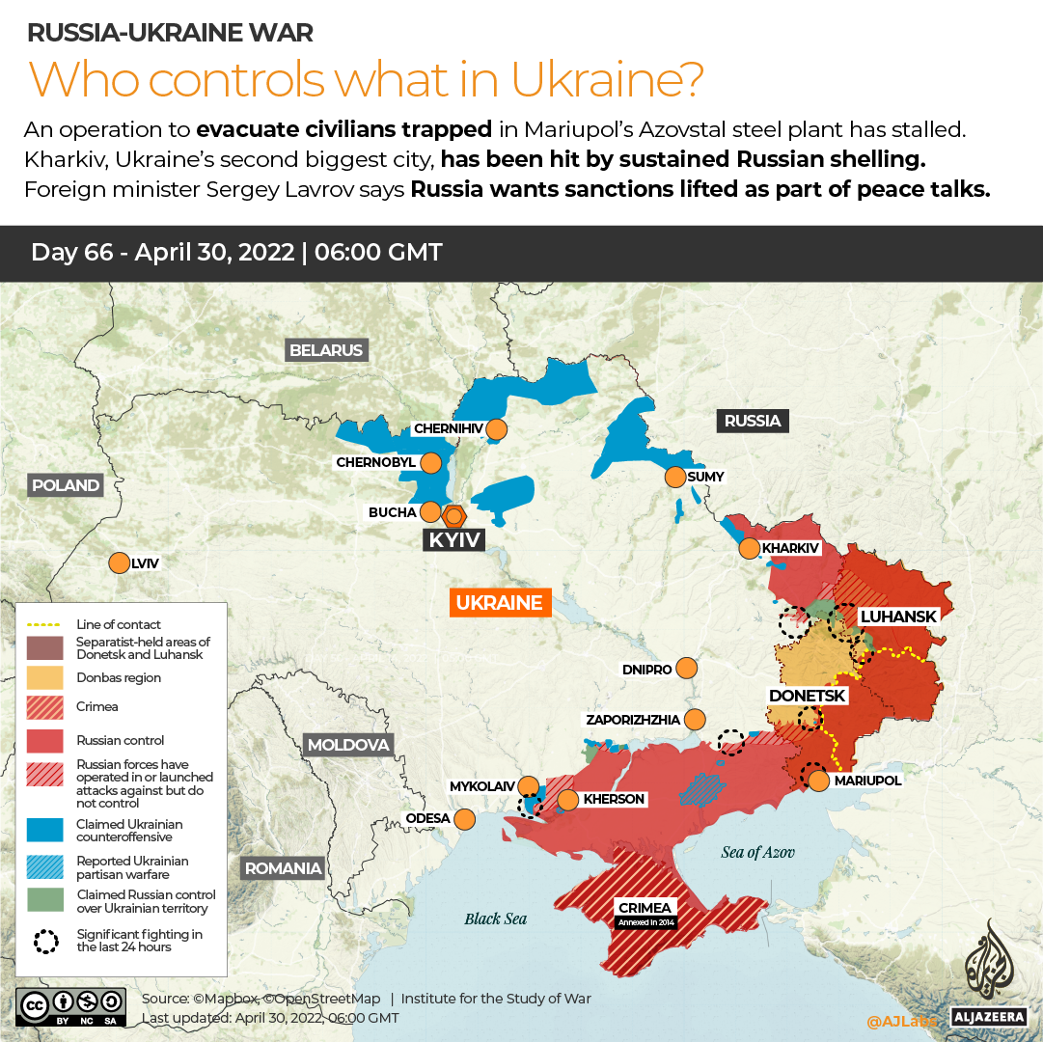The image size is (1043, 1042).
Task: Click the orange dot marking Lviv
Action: pos(119,562)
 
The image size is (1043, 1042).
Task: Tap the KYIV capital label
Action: pos(453,539)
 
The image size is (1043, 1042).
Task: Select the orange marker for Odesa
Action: pos(464,819)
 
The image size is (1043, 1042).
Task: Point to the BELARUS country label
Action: pos(326,350)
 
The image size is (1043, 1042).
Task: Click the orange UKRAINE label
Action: pos(499,603)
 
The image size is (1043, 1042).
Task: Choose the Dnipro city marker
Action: pos(686,668)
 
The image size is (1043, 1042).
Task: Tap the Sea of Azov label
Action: pos(757,851)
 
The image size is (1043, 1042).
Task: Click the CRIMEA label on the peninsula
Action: pos(645,908)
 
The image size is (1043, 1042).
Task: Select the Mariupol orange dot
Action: pos(818,781)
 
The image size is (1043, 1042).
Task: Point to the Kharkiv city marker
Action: pos(749,549)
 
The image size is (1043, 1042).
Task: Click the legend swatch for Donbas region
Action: pos(45,678)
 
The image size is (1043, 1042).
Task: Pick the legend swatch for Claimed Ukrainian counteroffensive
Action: pos(45,831)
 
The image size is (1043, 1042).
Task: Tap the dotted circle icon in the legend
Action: pos(45,941)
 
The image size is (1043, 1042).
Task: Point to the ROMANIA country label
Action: pos(283,867)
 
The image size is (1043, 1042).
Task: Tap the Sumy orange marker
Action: pos(674,477)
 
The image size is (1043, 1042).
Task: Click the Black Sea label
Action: pos(495,919)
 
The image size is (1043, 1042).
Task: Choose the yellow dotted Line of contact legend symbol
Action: pos(45,624)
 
